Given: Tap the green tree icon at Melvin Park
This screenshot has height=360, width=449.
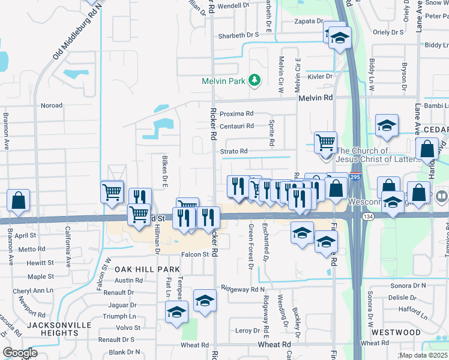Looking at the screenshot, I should coord(255,80).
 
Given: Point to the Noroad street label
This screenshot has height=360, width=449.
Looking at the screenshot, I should coord(51,106).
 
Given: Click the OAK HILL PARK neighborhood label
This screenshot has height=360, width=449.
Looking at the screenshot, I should coord(148,270).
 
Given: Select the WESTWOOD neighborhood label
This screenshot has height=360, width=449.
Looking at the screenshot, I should coord(396,332).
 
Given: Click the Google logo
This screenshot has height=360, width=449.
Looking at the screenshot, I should coord(20,353).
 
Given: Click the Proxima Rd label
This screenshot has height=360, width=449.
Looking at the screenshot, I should coord(237,113).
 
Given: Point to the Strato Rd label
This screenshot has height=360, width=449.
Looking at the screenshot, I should coord(234,151).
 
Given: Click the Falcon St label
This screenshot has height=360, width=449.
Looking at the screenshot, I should coord(195,254).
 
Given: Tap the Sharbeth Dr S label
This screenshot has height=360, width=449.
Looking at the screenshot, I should coord(238,35).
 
